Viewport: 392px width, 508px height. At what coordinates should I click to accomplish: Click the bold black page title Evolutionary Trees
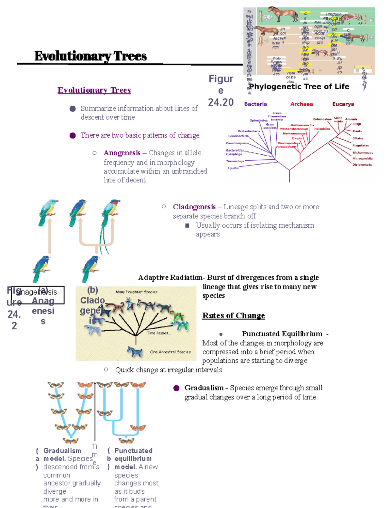pos(90,56)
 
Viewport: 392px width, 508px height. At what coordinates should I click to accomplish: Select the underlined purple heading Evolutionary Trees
pos(94,90)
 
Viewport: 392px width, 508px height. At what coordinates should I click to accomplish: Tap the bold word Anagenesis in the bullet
pos(122,153)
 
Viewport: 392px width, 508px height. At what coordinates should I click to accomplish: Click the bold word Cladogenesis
pos(194,207)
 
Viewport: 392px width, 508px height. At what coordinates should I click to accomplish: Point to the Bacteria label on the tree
pos(255,104)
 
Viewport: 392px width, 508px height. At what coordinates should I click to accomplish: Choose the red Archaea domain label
pos(302,104)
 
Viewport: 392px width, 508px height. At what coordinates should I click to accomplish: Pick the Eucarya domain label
pos(343,104)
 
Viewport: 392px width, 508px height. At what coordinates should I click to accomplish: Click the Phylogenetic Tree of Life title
pos(299,87)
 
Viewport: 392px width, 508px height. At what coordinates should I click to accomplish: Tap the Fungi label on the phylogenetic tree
pos(356,124)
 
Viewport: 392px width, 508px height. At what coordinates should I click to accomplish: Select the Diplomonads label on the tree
pos(362,165)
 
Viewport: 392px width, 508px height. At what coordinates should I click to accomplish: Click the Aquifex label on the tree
pos(233,168)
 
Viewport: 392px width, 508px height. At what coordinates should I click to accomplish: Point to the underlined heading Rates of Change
pos(233,315)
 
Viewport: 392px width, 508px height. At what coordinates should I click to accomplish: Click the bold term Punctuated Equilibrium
pos(282,334)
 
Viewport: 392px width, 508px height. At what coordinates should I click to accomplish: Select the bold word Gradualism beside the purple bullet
pos(204,388)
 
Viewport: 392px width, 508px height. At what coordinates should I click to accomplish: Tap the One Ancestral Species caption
pos(170,352)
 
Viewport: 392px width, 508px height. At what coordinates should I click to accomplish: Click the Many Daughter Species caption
pos(136,292)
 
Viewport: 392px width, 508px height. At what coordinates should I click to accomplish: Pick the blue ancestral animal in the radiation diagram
pos(135,351)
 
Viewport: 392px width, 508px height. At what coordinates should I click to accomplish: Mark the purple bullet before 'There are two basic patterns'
pos(73,135)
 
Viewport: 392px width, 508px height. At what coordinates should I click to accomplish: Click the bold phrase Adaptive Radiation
pos(170,277)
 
